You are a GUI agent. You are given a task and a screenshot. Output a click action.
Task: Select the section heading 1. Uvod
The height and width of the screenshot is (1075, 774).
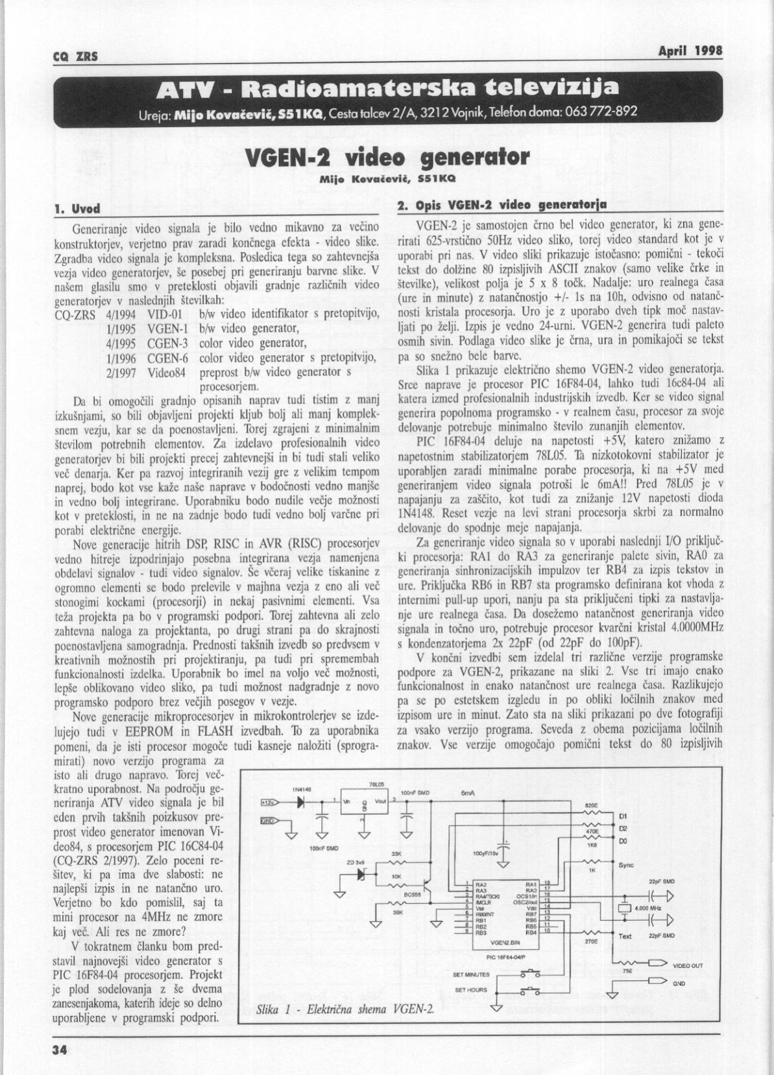77,209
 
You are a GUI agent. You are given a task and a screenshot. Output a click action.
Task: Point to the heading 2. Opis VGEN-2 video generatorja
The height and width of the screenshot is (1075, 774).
502,206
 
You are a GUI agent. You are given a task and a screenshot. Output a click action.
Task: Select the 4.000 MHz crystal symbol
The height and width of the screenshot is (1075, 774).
624,908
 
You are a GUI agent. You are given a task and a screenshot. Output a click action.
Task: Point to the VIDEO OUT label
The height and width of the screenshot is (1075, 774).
688,965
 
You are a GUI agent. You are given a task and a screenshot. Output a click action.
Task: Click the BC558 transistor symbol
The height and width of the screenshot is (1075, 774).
425,886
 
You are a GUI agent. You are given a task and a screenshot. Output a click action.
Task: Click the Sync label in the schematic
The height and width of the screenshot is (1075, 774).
626,865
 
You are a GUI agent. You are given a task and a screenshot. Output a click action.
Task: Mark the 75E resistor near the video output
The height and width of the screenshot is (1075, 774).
627,962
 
